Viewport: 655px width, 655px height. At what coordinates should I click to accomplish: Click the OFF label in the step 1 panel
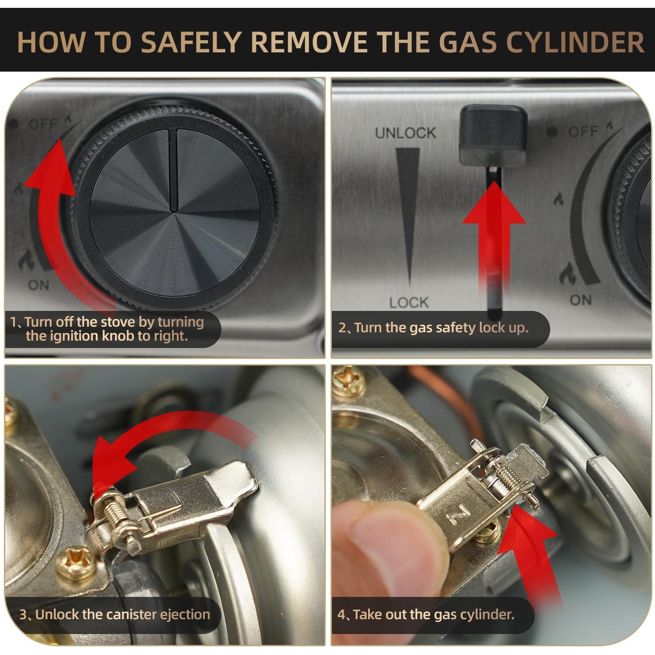click(x=43, y=124)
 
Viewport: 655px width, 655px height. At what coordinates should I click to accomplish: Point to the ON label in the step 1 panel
click(x=39, y=285)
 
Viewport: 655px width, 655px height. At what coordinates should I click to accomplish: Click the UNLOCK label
click(x=406, y=133)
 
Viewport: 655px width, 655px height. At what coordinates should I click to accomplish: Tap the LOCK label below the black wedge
click(x=409, y=302)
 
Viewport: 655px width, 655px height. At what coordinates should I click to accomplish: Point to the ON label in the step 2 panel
click(x=581, y=300)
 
